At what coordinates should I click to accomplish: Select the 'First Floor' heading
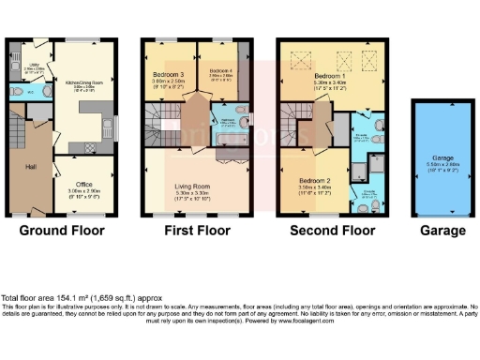coord(197,230)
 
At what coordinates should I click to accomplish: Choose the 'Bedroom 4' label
coord(220,71)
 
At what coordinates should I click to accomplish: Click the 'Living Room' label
coord(197,186)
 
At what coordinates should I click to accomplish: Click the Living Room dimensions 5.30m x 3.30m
coord(197,193)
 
